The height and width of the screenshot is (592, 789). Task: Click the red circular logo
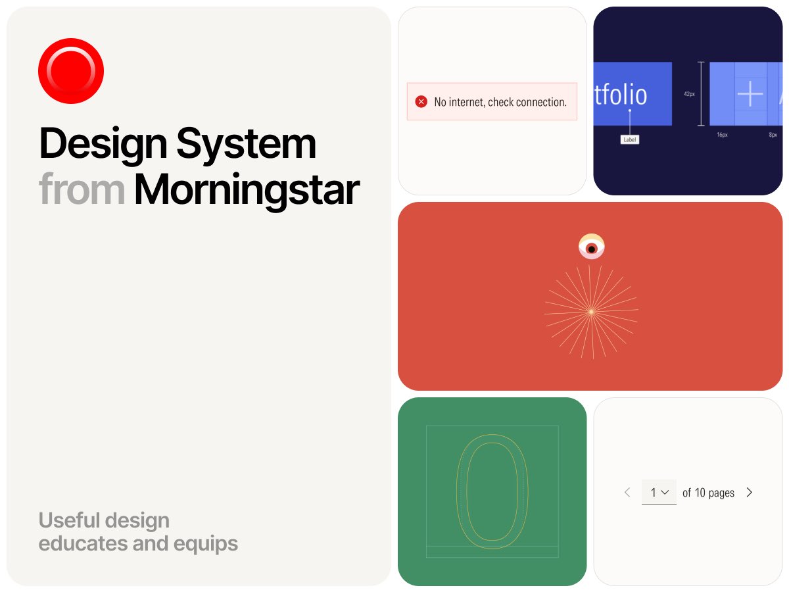(71, 70)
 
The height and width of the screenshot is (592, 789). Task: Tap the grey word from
(82, 189)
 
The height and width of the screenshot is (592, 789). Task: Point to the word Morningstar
(247, 189)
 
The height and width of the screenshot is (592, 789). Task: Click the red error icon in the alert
(421, 102)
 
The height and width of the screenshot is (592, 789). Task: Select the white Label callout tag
(629, 139)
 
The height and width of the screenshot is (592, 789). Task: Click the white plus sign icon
(750, 94)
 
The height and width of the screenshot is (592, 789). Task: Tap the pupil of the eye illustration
(592, 249)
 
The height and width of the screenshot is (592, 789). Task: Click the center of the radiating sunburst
(591, 311)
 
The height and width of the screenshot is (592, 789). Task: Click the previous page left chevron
(627, 492)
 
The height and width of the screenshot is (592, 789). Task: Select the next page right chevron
(750, 492)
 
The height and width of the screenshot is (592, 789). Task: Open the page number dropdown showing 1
(659, 492)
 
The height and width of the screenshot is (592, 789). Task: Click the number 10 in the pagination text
(700, 493)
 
